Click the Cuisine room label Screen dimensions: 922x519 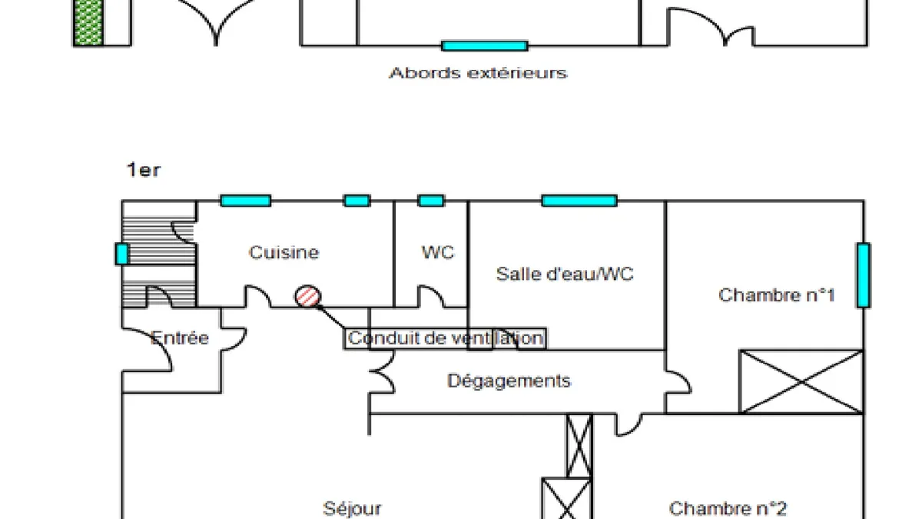(284, 252)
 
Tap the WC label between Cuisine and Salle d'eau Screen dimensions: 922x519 (438, 252)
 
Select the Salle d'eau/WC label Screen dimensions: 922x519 (565, 274)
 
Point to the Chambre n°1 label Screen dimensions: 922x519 (776, 295)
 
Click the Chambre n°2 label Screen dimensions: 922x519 (728, 509)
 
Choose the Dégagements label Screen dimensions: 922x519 (509, 381)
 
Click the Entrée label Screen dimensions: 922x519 (180, 338)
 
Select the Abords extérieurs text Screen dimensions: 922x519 (478, 73)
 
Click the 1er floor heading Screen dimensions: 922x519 (143, 170)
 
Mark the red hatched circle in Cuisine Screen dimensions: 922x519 (308, 296)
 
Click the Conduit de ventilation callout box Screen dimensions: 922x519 (446, 338)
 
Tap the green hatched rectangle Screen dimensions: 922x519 (88, 22)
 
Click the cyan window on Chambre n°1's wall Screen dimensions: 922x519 (863, 275)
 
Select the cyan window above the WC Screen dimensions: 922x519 (431, 201)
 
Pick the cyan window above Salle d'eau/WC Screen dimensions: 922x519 (579, 201)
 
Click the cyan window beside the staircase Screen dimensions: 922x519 (122, 254)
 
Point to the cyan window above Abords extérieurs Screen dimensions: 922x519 (485, 45)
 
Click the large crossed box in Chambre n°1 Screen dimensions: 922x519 (801, 381)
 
